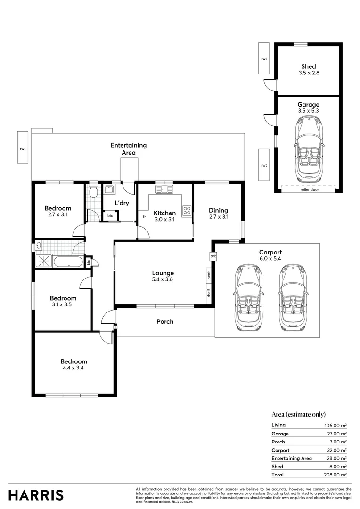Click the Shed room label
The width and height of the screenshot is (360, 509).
pyautogui.click(x=309, y=66)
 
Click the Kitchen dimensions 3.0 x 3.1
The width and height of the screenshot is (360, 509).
pyautogui.click(x=164, y=220)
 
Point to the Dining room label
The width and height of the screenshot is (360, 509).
pyautogui.click(x=218, y=210)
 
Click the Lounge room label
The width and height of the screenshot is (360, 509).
pyautogui.click(x=163, y=273)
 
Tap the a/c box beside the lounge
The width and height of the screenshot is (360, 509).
pyautogui.click(x=213, y=256)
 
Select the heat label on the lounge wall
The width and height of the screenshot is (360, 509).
pyautogui.click(x=209, y=274)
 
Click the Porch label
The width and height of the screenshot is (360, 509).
pyautogui.click(x=165, y=322)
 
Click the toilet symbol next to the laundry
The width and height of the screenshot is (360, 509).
pyautogui.click(x=93, y=193)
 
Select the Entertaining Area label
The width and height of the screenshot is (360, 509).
pyautogui.click(x=129, y=148)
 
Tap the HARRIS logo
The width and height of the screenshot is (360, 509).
pyautogui.click(x=36, y=495)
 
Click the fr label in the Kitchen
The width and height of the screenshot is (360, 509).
pyautogui.click(x=144, y=216)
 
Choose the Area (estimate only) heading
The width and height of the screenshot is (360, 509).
pyautogui.click(x=299, y=414)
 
